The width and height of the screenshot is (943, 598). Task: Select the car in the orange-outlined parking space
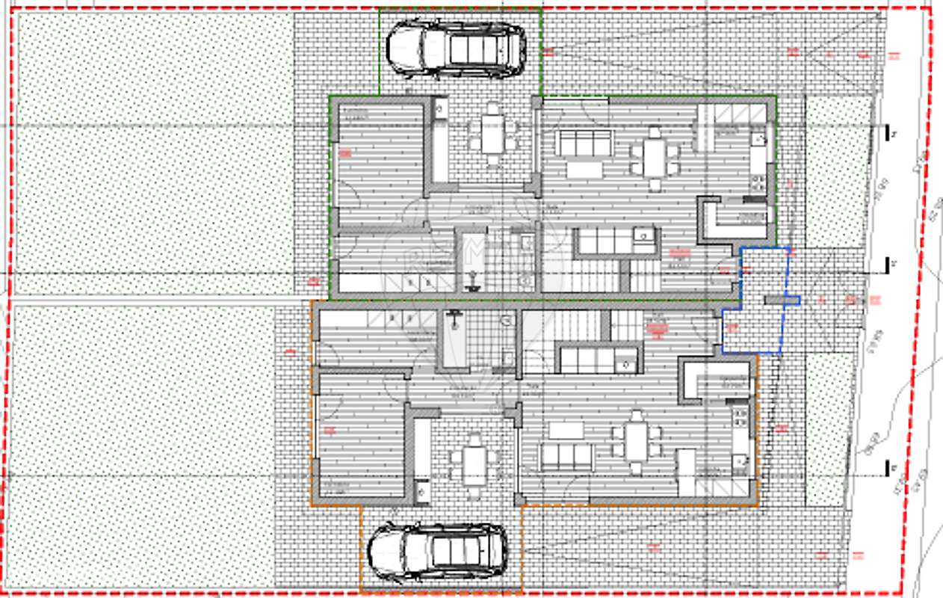pyautogui.click(x=438, y=552)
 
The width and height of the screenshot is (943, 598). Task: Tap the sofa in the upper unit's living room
pyautogui.click(x=583, y=142)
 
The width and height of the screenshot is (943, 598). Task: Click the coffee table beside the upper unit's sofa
pyautogui.click(x=584, y=170)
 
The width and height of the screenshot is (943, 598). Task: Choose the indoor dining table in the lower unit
pyautogui.click(x=636, y=442)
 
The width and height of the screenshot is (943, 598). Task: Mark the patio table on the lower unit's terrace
pyautogui.click(x=474, y=466)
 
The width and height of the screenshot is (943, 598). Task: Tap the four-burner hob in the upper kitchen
pyautogui.click(x=758, y=182)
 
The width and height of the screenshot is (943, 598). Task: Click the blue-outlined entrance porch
pyautogui.click(x=755, y=299)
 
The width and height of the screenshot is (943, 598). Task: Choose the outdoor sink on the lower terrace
pyautogui.click(x=421, y=491)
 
